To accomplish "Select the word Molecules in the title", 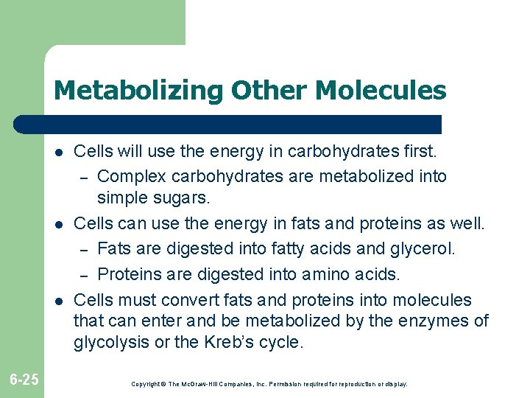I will pos(381,91).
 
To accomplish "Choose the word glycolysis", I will pos(110,343).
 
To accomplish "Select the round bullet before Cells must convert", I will pos(57,301).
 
